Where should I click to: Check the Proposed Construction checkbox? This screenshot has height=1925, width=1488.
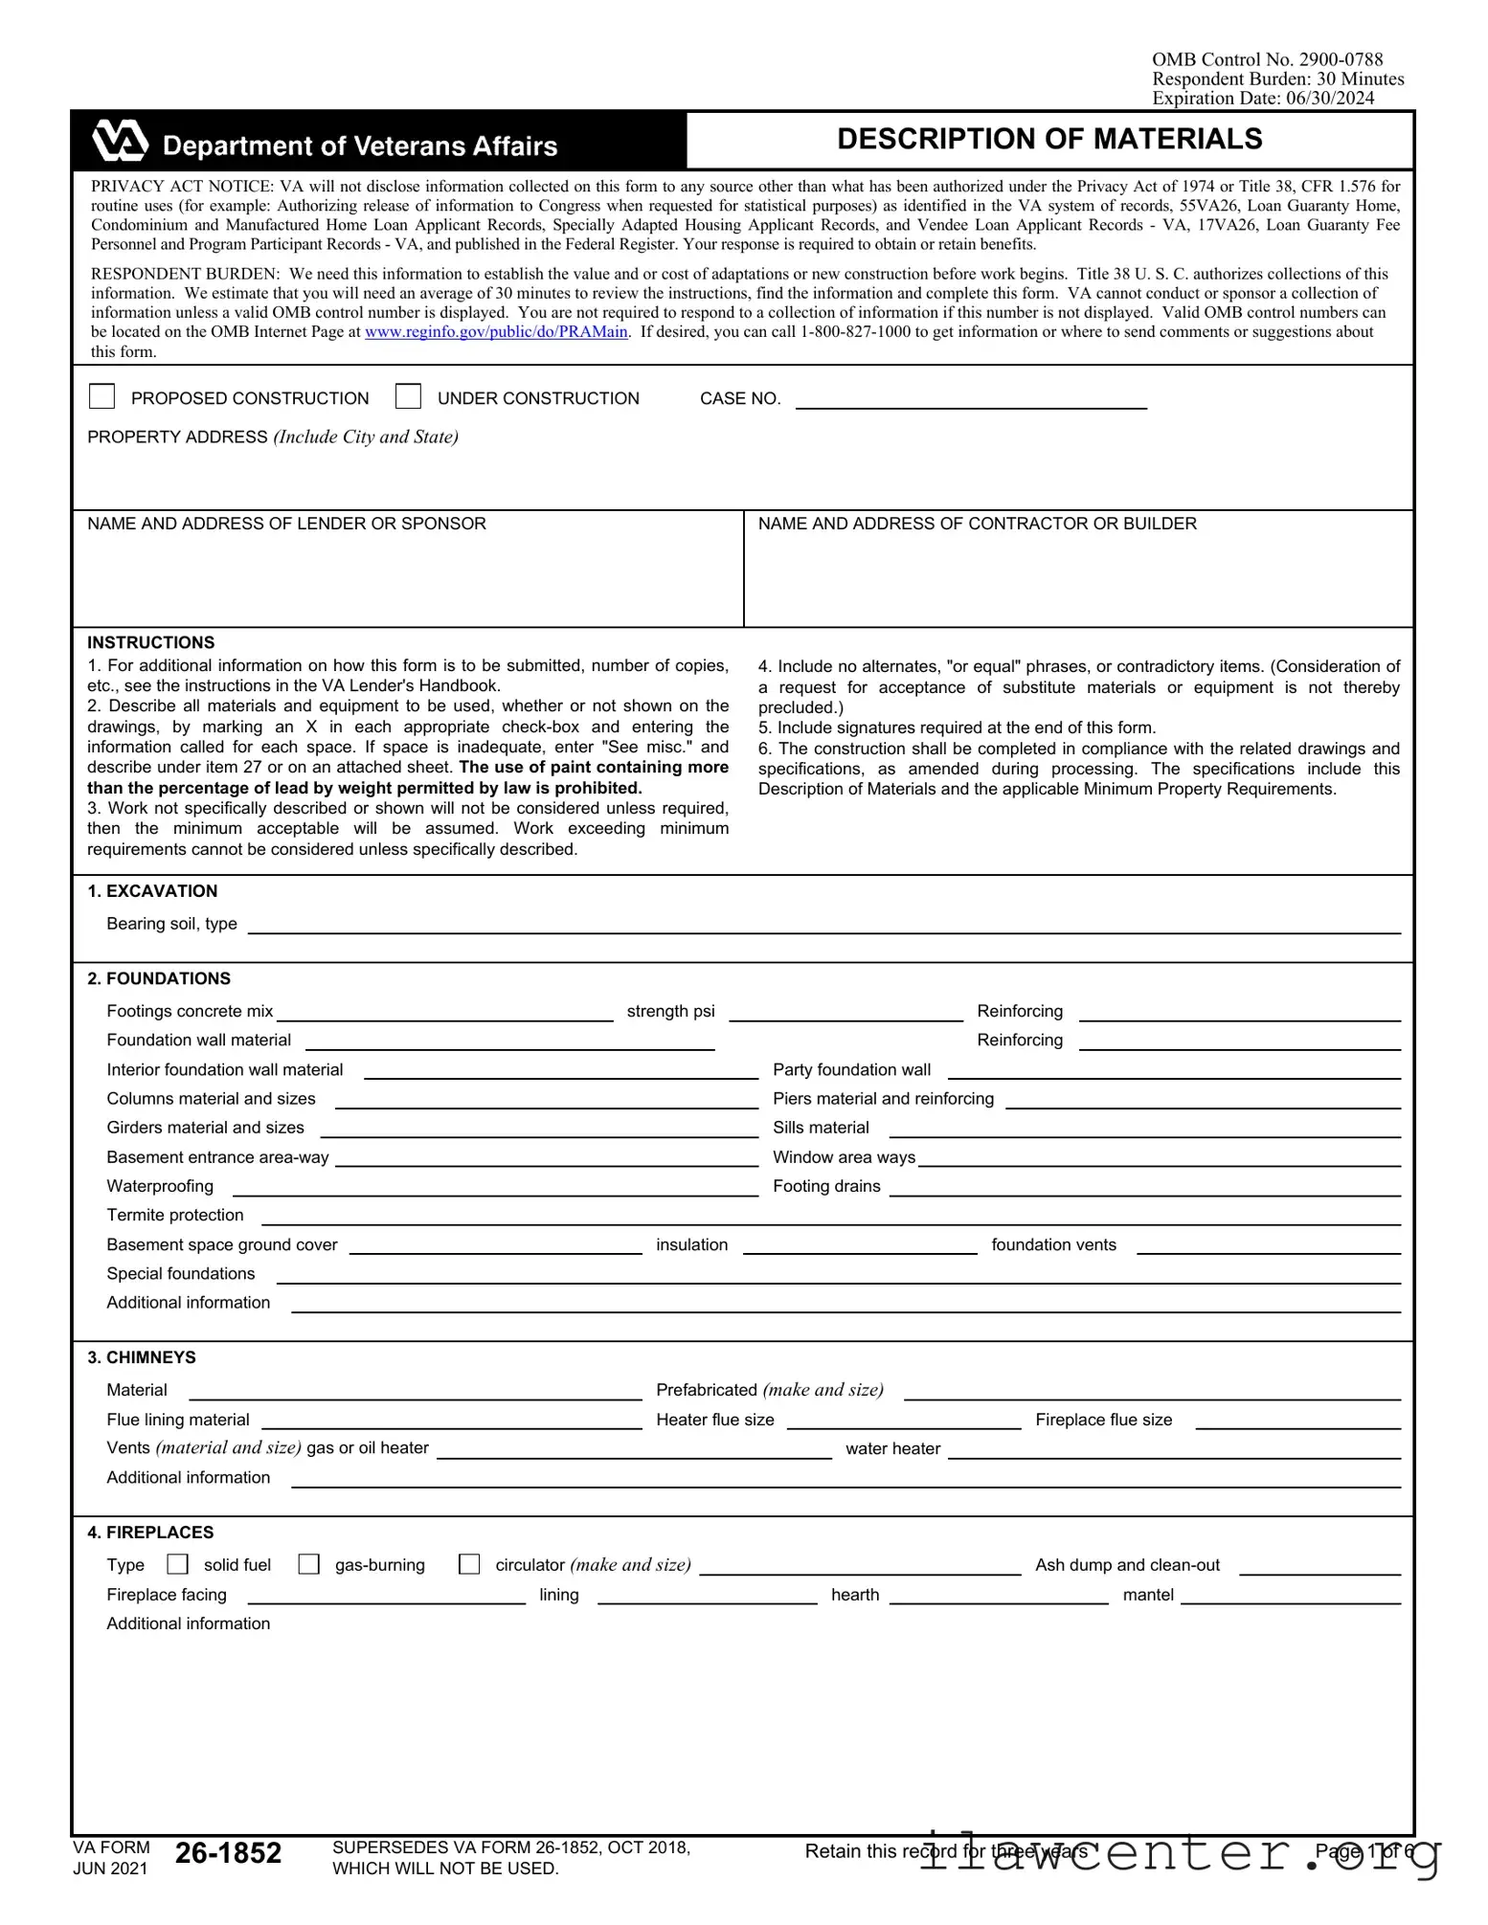pyautogui.click(x=101, y=396)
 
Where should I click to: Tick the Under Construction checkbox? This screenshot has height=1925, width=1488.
pyautogui.click(x=408, y=396)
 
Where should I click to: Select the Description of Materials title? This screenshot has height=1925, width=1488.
pyautogui.click(x=1049, y=140)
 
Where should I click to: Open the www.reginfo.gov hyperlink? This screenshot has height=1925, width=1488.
pyautogui.click(x=496, y=332)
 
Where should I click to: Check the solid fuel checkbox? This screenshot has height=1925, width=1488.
pyautogui.click(x=177, y=1564)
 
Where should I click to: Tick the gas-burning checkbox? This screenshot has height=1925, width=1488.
pyautogui.click(x=308, y=1564)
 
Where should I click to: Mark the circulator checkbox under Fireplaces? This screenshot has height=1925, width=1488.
pyautogui.click(x=469, y=1564)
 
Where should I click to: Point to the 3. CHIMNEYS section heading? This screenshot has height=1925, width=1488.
pyautogui.click(x=142, y=1357)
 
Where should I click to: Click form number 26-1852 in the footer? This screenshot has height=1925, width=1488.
pyautogui.click(x=228, y=1853)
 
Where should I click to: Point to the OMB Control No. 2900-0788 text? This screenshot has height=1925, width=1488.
pyautogui.click(x=1267, y=59)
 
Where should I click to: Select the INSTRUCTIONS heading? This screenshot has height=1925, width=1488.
pyautogui.click(x=151, y=642)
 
